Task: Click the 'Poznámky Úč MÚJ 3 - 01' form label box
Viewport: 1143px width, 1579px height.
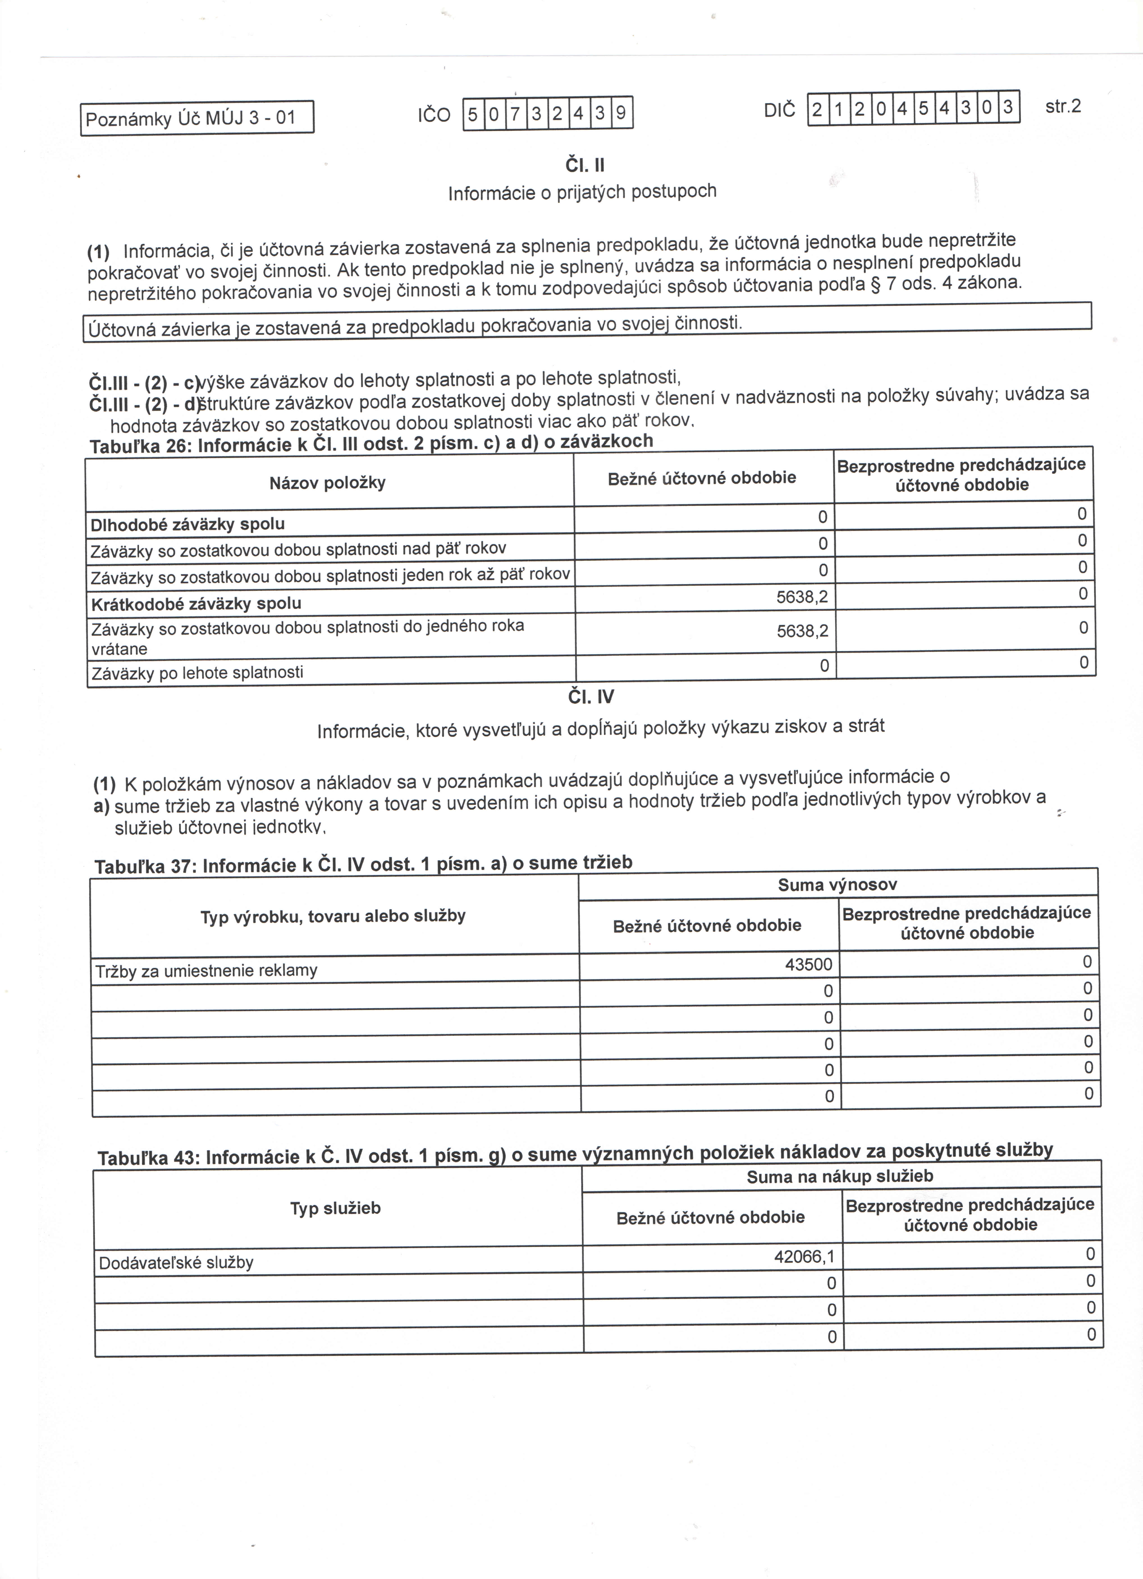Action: (197, 118)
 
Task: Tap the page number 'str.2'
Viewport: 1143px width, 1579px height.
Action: (1063, 107)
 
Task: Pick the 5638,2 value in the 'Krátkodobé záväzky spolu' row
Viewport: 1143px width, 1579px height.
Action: (802, 597)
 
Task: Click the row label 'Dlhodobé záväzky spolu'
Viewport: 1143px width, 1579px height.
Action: (187, 524)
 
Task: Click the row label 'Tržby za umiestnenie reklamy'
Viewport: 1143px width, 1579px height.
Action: (206, 970)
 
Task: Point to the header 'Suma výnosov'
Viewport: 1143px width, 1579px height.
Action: (837, 885)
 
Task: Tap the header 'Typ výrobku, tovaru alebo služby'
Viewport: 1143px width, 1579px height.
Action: (333, 916)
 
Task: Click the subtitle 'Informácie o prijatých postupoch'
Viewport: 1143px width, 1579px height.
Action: (582, 192)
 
